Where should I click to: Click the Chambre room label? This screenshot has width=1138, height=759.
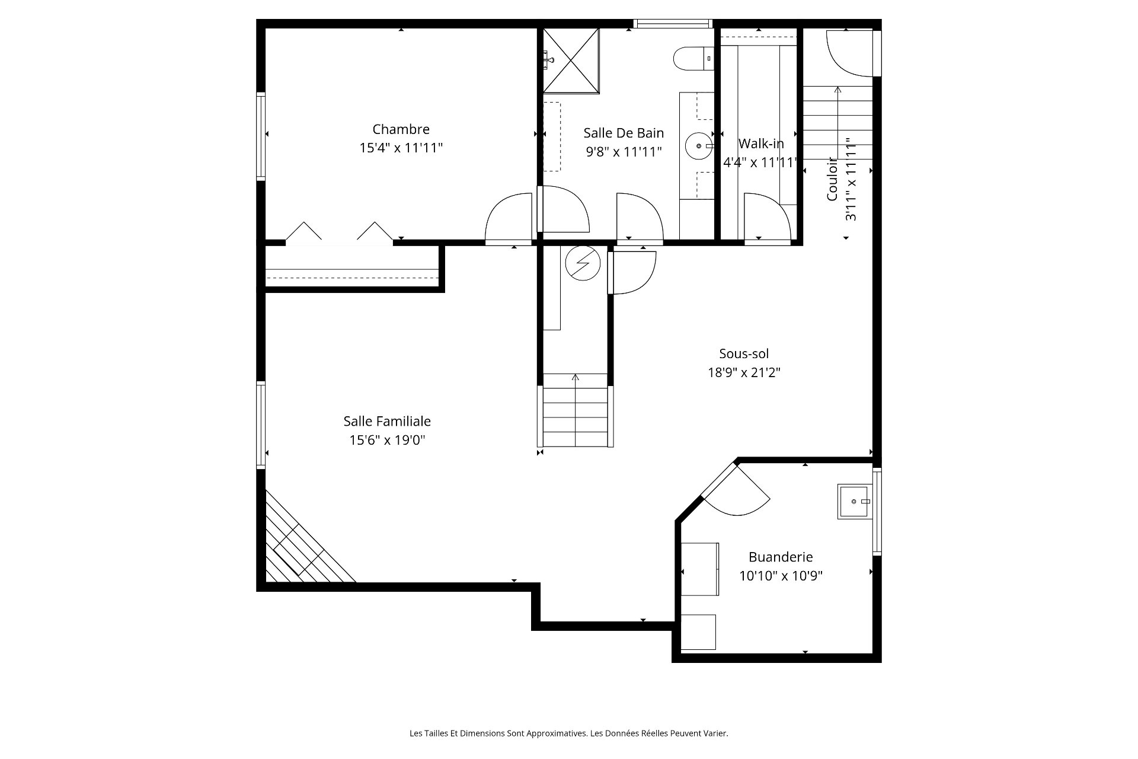point(401,129)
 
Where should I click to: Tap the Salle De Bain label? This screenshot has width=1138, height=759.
point(624,133)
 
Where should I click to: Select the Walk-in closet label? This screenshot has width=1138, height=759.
point(761,143)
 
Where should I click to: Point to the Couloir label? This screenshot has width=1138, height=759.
point(832,179)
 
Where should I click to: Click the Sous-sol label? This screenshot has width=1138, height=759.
point(744,353)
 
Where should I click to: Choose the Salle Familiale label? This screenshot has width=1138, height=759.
point(387,421)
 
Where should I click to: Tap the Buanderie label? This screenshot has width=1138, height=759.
point(781,557)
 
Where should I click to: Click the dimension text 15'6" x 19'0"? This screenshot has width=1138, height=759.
point(387,440)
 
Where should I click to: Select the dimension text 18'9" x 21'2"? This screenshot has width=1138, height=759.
point(744,372)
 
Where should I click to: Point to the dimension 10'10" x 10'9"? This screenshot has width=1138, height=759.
point(781,576)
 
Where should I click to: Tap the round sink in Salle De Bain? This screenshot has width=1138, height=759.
point(699,145)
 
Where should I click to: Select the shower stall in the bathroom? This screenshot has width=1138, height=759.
point(571,60)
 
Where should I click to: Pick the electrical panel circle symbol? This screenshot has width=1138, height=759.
point(583,263)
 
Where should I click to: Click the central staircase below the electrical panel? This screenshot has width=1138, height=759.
point(575,410)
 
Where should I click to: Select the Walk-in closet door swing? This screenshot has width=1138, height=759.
point(767,218)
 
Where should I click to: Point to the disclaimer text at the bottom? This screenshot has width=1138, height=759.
point(569,734)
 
